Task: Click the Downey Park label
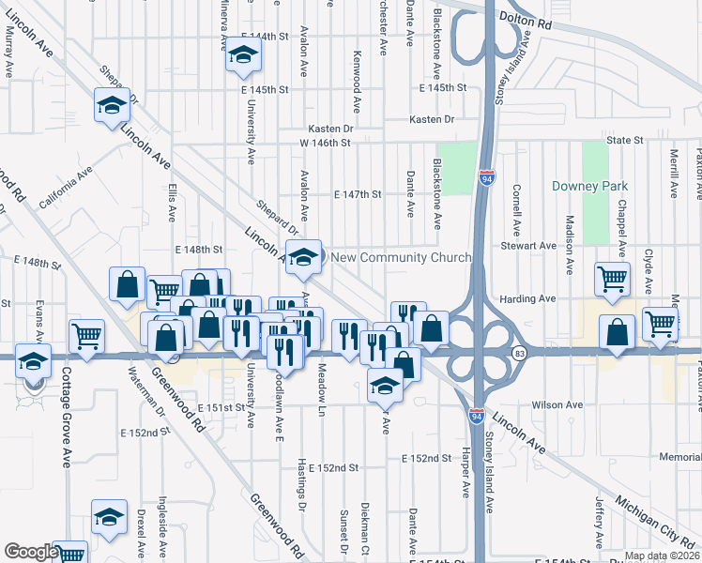point(588,186)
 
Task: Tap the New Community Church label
point(401,257)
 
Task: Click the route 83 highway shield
point(520,352)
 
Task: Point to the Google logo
point(31,552)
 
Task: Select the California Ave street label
point(65,187)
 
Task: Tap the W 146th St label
point(325,143)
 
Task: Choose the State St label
point(624,140)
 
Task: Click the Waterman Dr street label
point(145,392)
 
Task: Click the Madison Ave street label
point(569,245)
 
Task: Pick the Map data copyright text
point(661,555)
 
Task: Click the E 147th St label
point(357,194)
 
